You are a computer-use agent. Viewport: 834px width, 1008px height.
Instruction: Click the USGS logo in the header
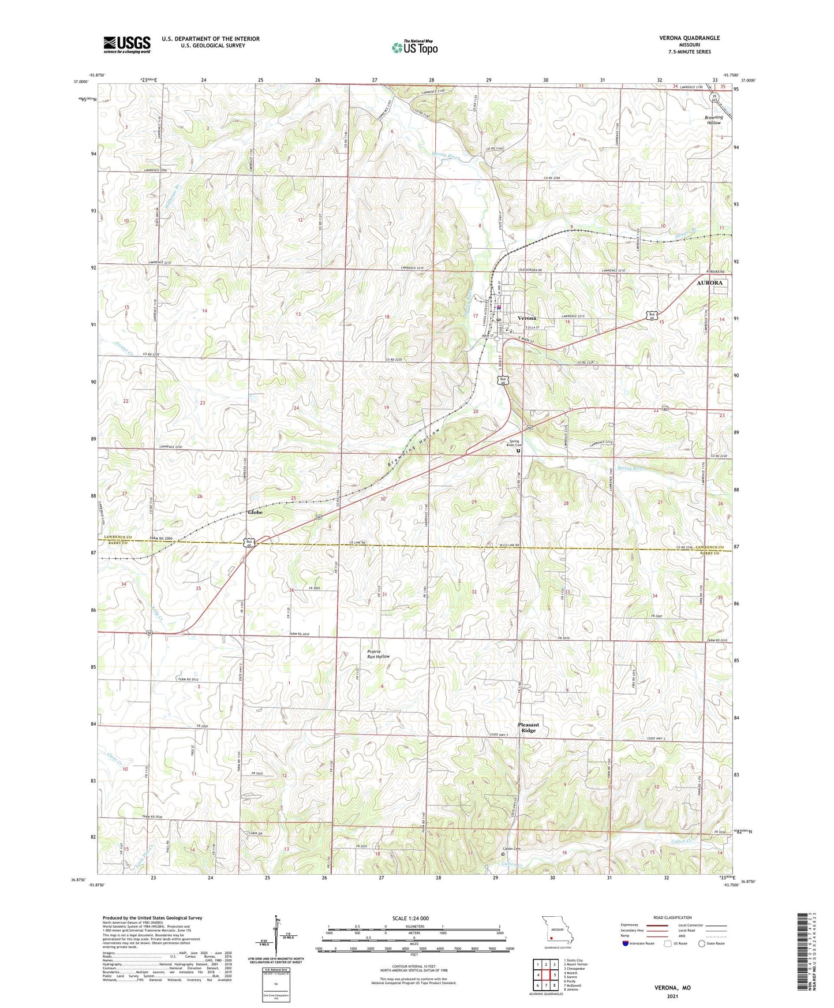pos(126,44)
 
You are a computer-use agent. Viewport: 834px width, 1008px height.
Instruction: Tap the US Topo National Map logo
pos(414,47)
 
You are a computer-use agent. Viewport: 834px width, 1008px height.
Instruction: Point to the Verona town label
pos(526,318)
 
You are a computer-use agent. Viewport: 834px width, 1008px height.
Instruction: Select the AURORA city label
pos(709,283)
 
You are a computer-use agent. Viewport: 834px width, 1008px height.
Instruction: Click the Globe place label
pos(255,512)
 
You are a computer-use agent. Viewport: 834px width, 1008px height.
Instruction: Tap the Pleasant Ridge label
pos(528,727)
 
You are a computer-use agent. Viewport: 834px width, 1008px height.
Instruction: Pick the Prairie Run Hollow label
pos(378,654)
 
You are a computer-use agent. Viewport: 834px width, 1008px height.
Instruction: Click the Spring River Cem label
pos(514,443)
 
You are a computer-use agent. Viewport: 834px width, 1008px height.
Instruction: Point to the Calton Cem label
pos(511,849)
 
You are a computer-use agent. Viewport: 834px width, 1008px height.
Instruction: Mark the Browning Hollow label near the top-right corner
pos(713,120)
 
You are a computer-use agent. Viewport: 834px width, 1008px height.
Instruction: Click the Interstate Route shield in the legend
pos(626,943)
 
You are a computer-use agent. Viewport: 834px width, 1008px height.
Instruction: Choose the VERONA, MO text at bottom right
pos(672,988)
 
